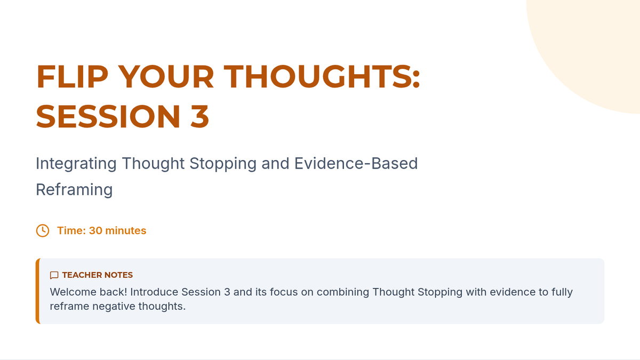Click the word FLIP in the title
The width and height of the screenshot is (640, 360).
click(73, 76)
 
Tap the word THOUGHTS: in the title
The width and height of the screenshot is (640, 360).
click(322, 76)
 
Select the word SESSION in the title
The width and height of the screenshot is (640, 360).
click(108, 116)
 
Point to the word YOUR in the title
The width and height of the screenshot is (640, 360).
click(166, 76)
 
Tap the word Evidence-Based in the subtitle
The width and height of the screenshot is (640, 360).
click(356, 163)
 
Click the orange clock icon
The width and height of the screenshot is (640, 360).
click(43, 230)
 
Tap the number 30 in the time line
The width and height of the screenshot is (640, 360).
click(95, 230)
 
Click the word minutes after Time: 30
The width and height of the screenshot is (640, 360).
click(126, 230)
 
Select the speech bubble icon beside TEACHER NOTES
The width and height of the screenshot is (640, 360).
click(54, 275)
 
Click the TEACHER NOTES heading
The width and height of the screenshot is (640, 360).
click(98, 275)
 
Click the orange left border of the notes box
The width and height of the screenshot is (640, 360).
click(38, 291)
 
